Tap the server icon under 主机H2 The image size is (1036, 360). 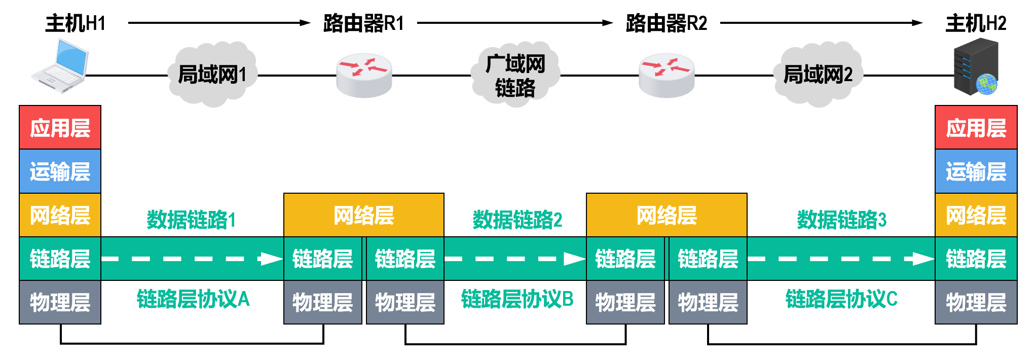(976, 67)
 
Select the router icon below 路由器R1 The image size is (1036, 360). (364, 76)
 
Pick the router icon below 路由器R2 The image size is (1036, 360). (667, 76)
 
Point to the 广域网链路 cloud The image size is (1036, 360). (515, 76)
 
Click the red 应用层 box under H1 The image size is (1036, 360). (60, 128)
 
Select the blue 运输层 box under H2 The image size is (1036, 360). (976, 171)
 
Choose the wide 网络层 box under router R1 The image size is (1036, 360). (364, 215)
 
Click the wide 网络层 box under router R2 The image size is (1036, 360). (667, 215)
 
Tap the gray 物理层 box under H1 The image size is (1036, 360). (60, 303)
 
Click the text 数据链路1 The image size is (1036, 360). (191, 220)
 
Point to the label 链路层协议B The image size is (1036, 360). (517, 299)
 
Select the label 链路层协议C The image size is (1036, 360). (841, 299)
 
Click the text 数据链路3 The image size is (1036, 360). (841, 220)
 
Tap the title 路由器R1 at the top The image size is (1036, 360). (363, 23)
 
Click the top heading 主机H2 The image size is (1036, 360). (976, 23)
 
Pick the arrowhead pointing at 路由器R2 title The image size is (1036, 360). (607, 23)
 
